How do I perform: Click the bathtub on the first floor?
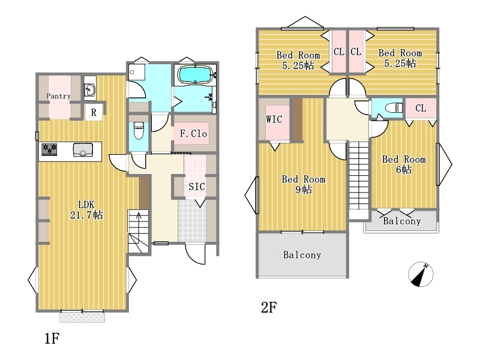tap(195, 74)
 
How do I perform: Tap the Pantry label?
tap(58, 96)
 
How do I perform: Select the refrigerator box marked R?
tap(94, 112)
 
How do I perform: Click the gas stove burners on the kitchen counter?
tap(49, 149)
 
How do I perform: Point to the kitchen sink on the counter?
tap(83, 149)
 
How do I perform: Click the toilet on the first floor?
tap(139, 130)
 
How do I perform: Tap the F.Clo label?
tap(193, 133)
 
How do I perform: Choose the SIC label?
tap(197, 187)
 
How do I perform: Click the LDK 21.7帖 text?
tap(86, 209)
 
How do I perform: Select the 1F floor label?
tap(52, 338)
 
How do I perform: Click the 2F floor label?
tap(269, 307)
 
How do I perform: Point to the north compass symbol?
tap(421, 274)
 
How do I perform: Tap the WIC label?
tap(274, 119)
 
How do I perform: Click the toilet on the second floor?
tap(394, 108)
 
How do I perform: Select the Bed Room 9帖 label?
tap(304, 184)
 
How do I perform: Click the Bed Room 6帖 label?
tap(404, 164)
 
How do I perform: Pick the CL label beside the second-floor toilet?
tap(421, 108)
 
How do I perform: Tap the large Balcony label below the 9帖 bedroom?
tap(302, 254)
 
